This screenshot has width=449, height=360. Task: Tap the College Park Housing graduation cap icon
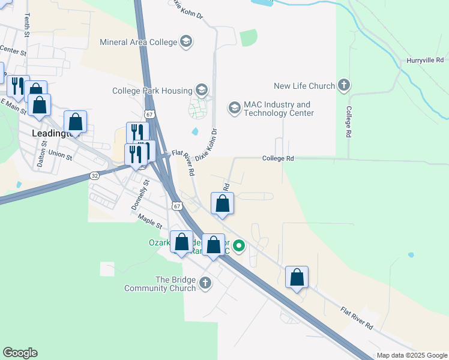click(x=201, y=91)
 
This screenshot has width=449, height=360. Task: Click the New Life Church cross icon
click(x=344, y=86)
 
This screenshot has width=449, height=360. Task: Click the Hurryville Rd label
click(x=424, y=60)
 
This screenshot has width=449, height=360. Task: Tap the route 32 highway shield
click(x=95, y=175)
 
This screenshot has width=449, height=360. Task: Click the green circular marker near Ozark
click(x=239, y=245)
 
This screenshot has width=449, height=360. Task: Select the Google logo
click(x=20, y=353)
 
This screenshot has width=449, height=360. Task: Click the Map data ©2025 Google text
click(x=411, y=355)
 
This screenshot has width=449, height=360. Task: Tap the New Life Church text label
click(x=304, y=86)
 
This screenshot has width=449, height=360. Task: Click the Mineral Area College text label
click(x=138, y=42)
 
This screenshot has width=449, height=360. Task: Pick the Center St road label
click(x=14, y=51)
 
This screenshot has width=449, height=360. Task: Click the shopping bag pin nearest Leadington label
click(x=76, y=122)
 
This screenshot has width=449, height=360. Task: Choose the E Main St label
click(x=13, y=107)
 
